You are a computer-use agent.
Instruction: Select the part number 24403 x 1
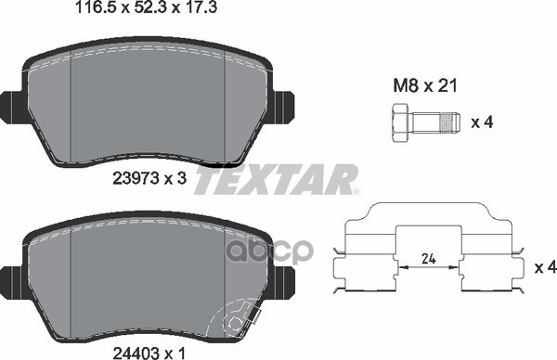(150, 353)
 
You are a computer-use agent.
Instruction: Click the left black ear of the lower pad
(12, 276)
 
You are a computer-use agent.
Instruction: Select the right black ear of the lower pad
(284, 276)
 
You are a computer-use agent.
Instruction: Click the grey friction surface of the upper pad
(149, 107)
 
